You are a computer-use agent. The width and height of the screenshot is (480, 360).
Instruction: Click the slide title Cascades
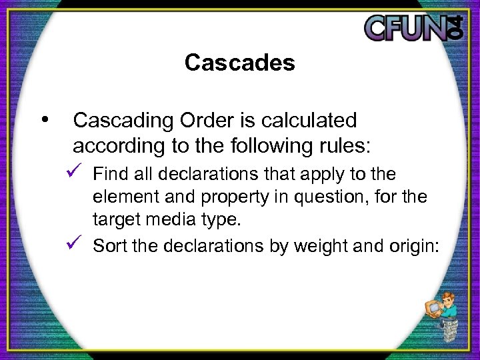pos(239,63)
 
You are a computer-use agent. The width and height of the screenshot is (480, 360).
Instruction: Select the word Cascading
pos(118,121)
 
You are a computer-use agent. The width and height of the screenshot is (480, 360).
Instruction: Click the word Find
pos(108,175)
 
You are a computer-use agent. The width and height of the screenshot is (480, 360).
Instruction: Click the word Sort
pos(109,247)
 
